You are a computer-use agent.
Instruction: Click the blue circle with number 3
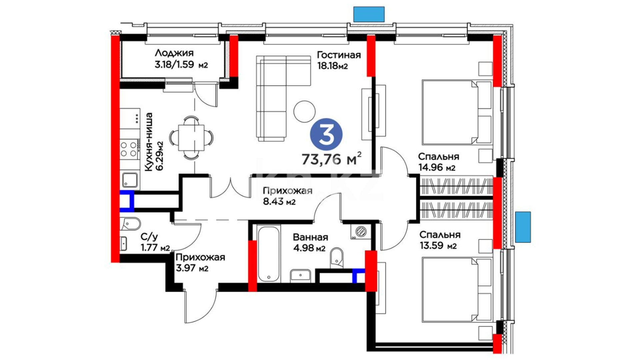(x=326, y=134)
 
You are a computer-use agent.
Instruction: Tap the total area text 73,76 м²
(x=331, y=159)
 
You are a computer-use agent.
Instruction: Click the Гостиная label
(x=339, y=55)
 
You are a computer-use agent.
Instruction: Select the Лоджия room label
(x=174, y=53)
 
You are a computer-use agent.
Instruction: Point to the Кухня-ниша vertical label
(x=149, y=142)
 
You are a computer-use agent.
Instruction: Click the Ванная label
(x=310, y=237)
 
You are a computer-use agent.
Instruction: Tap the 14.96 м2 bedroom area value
(x=437, y=168)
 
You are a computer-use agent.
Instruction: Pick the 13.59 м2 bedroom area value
(x=438, y=246)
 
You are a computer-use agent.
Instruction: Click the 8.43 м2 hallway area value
(x=279, y=202)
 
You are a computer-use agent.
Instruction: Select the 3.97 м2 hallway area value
(x=192, y=268)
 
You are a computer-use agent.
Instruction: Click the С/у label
(x=149, y=237)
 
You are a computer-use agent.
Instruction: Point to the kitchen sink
(x=130, y=180)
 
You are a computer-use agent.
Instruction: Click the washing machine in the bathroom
(x=360, y=232)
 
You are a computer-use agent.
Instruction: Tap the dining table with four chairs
(x=191, y=137)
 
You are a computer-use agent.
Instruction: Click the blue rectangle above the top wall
(x=369, y=14)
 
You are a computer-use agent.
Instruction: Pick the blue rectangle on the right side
(x=523, y=227)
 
